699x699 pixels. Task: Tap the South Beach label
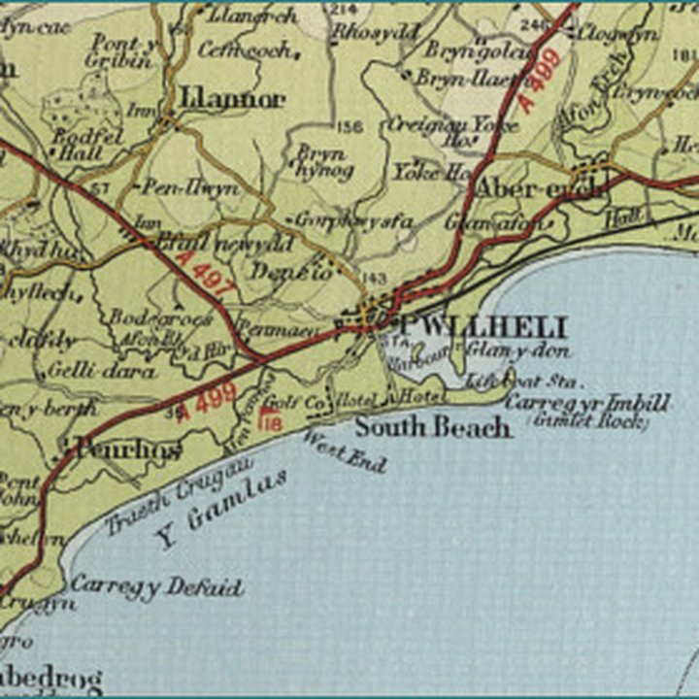tap(431, 426)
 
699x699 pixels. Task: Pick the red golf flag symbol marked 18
tap(274, 419)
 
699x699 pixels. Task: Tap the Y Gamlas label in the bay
tap(222, 507)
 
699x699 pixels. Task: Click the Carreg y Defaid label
tap(155, 587)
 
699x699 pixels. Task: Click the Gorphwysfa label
tap(353, 221)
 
